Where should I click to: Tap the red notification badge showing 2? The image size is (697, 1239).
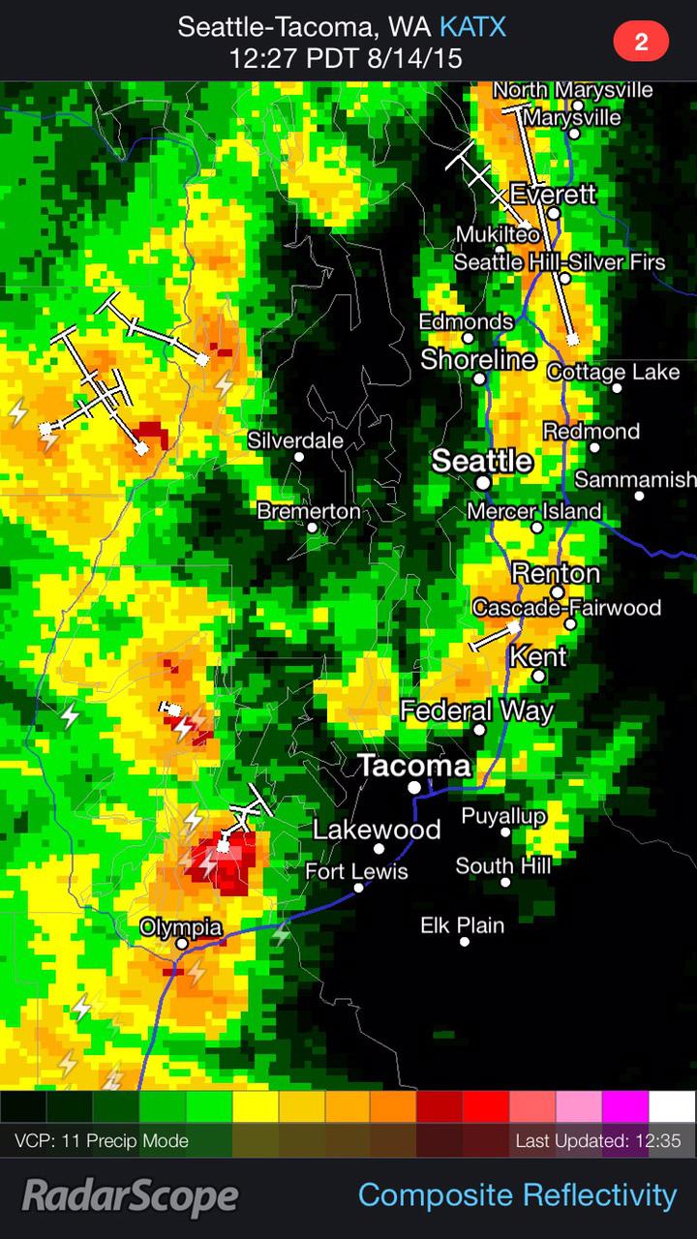(x=640, y=42)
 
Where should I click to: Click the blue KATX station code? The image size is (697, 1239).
(x=472, y=26)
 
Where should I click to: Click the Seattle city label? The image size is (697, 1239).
(x=482, y=460)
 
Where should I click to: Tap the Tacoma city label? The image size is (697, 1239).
(x=414, y=766)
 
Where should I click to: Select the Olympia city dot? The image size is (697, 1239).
(x=182, y=943)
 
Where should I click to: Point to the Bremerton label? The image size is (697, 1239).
(x=309, y=510)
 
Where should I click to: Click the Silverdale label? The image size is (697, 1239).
(x=295, y=439)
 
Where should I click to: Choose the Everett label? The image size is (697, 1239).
(x=553, y=194)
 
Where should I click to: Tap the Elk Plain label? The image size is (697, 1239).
(x=462, y=925)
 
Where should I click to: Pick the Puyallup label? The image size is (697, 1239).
(x=503, y=815)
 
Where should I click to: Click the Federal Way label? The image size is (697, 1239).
(x=476, y=711)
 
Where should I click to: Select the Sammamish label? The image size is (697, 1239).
(x=635, y=479)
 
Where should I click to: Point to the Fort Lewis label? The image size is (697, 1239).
(x=356, y=871)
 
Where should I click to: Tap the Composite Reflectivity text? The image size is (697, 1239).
(x=517, y=1194)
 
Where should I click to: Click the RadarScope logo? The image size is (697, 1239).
(x=130, y=1196)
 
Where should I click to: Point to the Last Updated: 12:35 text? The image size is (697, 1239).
(x=597, y=1141)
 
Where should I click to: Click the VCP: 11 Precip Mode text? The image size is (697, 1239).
(x=102, y=1141)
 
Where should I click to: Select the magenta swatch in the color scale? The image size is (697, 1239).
(x=625, y=1105)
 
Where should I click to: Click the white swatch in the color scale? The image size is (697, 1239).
(x=672, y=1105)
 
